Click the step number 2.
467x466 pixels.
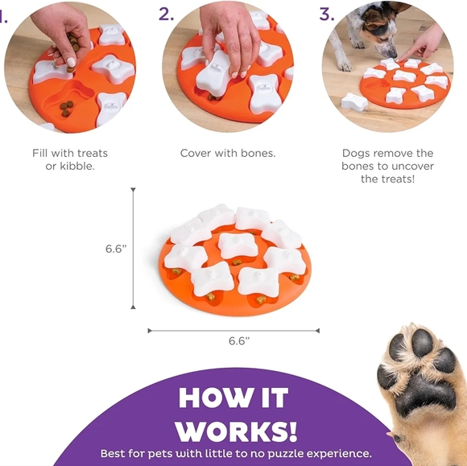[167, 14]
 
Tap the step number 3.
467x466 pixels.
[326, 14]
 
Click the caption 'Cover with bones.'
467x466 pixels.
[228, 153]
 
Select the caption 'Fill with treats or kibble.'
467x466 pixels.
[70, 159]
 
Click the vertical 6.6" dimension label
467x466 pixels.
[116, 249]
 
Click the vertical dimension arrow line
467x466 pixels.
[134, 249]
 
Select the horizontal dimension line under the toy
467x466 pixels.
[233, 330]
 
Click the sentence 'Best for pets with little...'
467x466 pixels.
[236, 453]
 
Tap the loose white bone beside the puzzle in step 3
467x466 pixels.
[353, 101]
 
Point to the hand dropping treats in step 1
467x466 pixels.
[60, 28]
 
